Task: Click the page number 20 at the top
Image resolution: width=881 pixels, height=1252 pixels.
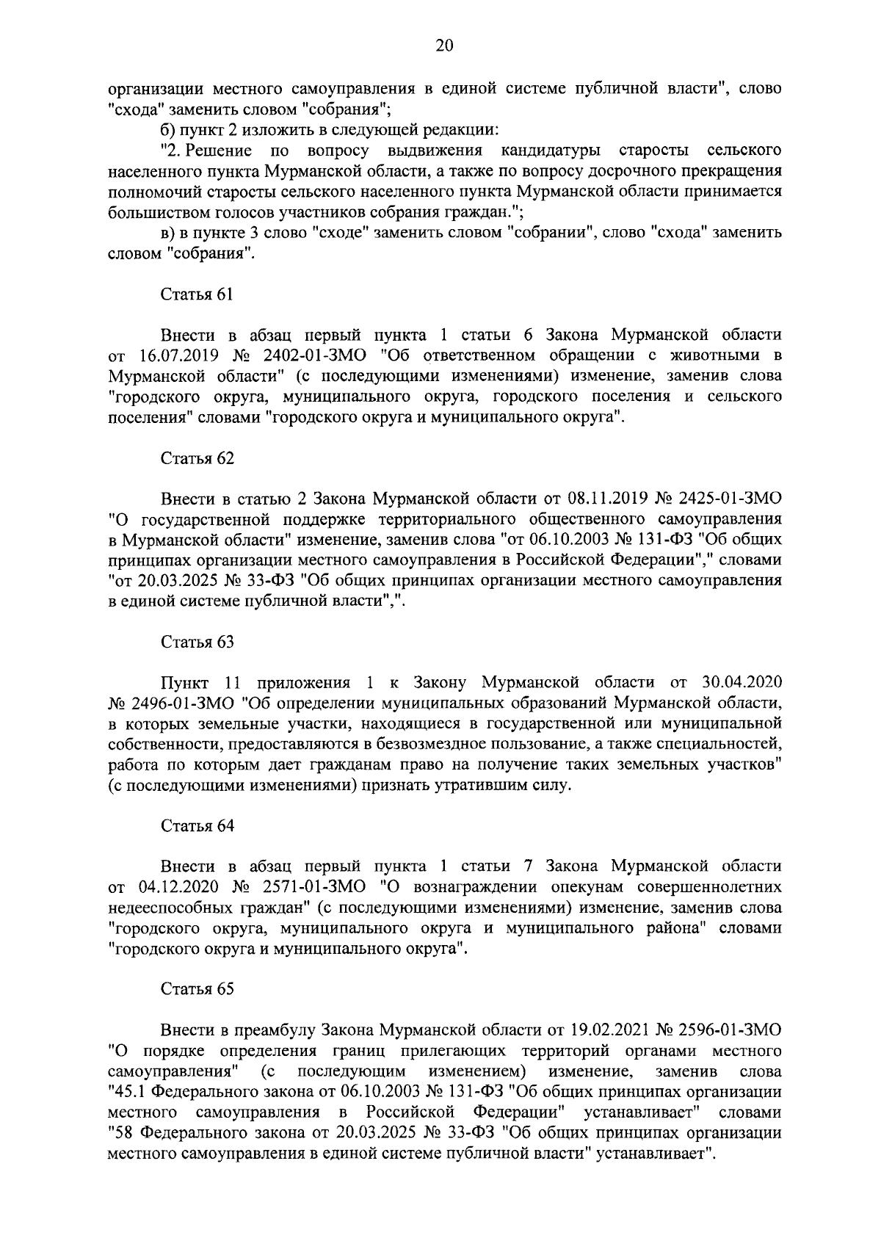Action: pos(444,46)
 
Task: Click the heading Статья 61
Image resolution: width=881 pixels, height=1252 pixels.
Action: pos(197,294)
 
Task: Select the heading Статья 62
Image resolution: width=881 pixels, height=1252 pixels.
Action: pos(197,458)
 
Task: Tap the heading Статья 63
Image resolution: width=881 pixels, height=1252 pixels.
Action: pos(197,642)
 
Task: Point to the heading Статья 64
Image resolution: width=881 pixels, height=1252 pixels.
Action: pos(197,825)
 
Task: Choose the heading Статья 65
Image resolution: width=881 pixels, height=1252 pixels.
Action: pos(197,988)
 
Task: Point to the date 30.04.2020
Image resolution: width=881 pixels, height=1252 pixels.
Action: pos(741,682)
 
